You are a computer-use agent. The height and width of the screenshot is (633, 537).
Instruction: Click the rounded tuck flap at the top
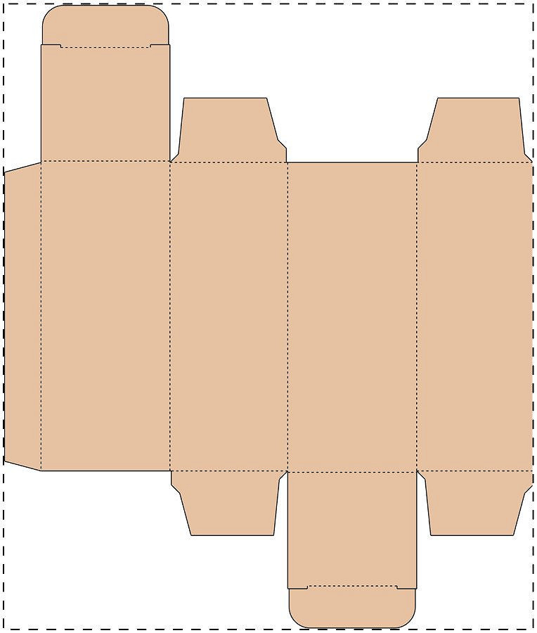pyautogui.click(x=105, y=27)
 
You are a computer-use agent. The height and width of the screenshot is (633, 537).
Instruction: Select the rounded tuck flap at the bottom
pyautogui.click(x=352, y=607)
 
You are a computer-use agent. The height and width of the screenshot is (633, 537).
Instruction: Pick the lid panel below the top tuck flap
pyautogui.click(x=105, y=104)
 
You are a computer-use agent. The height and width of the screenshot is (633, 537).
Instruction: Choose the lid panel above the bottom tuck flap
pyautogui.click(x=352, y=528)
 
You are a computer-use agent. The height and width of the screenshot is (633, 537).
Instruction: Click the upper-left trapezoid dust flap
pyautogui.click(x=228, y=130)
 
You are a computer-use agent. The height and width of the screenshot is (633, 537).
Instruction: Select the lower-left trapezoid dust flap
pyautogui.click(x=229, y=502)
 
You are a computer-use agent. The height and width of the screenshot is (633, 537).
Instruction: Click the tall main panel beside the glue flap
pyautogui.click(x=105, y=316)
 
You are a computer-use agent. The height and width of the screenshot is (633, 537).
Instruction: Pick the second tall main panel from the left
pyautogui.click(x=229, y=316)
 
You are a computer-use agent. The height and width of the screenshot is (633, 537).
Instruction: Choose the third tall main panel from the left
pyautogui.click(x=352, y=316)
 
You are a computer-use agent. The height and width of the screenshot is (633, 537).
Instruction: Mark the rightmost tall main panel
pyautogui.click(x=475, y=316)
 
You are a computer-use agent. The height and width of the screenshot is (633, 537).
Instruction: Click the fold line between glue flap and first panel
pyautogui.click(x=41, y=316)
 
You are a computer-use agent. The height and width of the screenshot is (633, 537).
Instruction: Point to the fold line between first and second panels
pyautogui.click(x=170, y=316)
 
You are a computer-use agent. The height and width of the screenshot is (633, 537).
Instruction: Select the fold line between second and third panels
pyautogui.click(x=287, y=316)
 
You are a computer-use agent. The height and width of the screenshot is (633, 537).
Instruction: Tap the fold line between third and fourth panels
pyautogui.click(x=417, y=316)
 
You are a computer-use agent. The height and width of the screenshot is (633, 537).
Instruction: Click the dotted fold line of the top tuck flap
pyautogui.click(x=105, y=48)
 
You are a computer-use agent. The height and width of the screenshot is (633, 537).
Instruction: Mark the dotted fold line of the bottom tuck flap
pyautogui.click(x=352, y=586)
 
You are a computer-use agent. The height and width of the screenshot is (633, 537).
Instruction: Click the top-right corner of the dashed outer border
pyautogui.click(x=533, y=4)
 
